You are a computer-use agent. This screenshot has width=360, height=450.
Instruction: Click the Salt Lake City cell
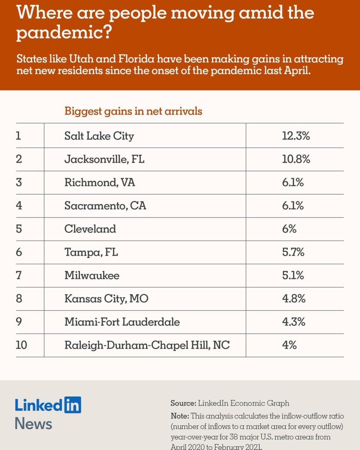[x=99, y=136]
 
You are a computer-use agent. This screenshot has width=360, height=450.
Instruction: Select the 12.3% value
[x=296, y=136]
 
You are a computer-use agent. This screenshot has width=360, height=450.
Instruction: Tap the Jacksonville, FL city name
[x=104, y=159]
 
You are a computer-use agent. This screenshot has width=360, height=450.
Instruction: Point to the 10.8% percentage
[x=296, y=159]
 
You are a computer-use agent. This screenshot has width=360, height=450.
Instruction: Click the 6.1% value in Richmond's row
[x=293, y=183]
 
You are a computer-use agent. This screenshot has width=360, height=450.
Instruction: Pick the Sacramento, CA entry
[x=105, y=205]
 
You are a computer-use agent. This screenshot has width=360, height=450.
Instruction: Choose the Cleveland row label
[x=90, y=229]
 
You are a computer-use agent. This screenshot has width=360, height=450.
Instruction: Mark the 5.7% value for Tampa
[x=293, y=252]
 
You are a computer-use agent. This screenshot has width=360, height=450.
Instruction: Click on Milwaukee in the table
[x=92, y=275]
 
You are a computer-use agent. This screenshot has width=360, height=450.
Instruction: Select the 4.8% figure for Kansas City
[x=294, y=298]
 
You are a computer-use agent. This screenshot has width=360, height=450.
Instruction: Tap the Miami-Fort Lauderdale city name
[x=122, y=322]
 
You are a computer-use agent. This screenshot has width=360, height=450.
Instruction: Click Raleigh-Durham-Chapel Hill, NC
[x=147, y=345]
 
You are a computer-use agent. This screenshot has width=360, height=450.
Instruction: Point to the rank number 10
[x=21, y=345]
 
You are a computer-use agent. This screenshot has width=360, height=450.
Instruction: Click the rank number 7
[x=19, y=275]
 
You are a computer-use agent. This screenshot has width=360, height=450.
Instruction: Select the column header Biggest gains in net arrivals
[x=133, y=111]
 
